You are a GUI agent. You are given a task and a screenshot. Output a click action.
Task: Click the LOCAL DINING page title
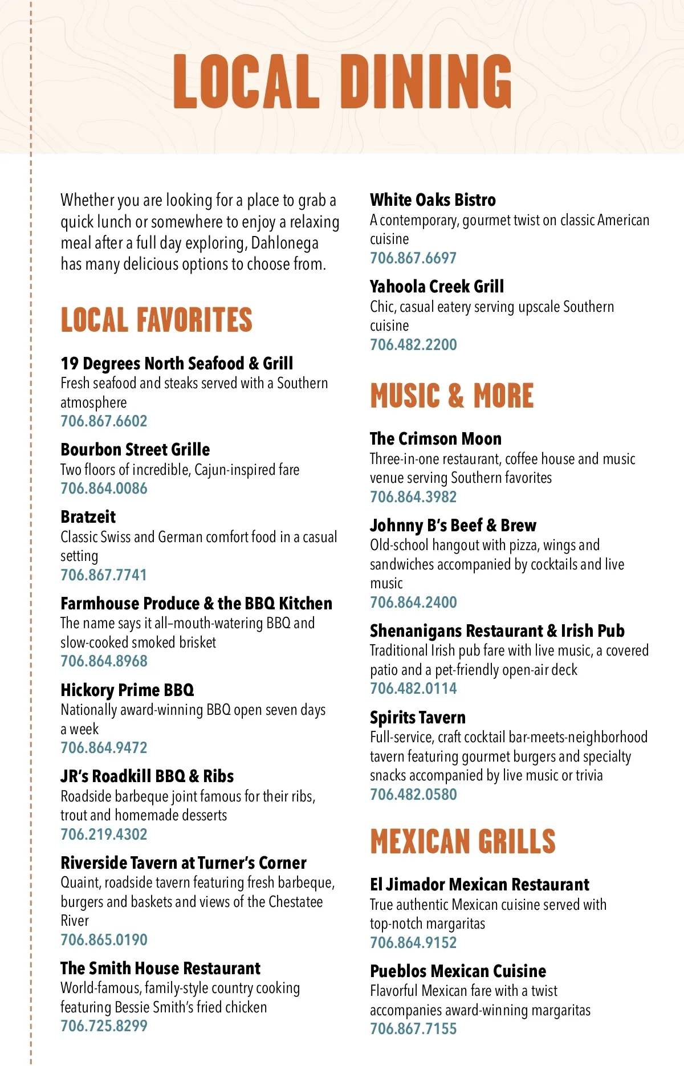coord(342,82)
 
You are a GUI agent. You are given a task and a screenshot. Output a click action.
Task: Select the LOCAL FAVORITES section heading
coord(156,320)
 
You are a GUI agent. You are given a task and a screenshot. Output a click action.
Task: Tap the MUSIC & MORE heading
coord(451,396)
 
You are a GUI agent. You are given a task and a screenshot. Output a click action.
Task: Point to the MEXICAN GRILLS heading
coord(462,841)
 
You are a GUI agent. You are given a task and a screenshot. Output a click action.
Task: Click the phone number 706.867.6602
coord(104,421)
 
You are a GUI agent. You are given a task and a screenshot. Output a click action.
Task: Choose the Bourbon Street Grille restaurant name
coord(135,450)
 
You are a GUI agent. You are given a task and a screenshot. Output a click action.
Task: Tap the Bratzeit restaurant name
coord(88,517)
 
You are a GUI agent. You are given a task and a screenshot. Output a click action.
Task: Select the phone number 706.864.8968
coord(104,661)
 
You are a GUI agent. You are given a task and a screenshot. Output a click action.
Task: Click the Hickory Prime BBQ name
coord(127,690)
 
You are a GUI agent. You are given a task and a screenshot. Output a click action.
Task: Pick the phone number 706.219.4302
coord(104,835)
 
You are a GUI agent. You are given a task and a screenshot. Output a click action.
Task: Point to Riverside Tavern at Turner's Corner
coord(183,863)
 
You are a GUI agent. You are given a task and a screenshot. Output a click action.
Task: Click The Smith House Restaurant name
coord(160,969)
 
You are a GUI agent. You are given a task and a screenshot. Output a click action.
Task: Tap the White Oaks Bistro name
coord(433,200)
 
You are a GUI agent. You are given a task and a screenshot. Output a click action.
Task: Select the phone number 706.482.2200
coord(413,345)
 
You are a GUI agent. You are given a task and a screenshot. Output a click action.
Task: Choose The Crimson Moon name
coord(435,439)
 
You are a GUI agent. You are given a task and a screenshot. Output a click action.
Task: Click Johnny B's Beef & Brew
coord(453,526)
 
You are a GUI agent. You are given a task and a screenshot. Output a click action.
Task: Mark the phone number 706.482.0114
coord(413,689)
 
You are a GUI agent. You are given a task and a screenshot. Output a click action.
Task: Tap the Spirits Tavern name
coord(417,718)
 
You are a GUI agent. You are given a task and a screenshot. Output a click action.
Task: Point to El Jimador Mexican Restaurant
coord(479,885)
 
